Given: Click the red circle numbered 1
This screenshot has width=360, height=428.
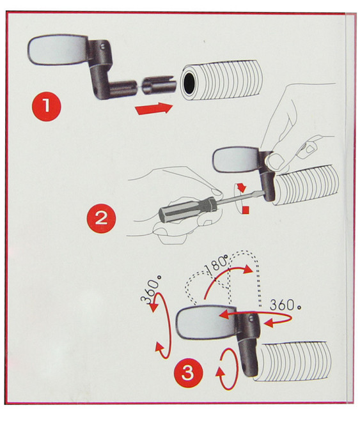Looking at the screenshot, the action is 47,106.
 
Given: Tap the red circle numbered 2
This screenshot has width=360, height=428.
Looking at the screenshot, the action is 101,218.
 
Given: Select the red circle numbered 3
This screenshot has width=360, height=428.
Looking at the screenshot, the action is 188,372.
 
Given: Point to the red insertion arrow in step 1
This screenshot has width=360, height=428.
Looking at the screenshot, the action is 154,109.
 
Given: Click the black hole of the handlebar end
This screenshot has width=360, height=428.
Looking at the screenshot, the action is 189,82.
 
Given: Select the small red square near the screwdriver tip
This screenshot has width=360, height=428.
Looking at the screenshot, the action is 246,210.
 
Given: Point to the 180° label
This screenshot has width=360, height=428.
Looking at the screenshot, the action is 216,264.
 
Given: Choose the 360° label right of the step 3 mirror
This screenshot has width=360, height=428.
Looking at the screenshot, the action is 285,305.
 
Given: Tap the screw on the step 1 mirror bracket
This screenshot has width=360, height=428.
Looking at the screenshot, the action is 103,47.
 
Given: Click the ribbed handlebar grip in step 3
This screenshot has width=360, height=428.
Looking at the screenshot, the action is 293,360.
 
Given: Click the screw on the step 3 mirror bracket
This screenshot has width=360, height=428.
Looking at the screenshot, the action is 251,319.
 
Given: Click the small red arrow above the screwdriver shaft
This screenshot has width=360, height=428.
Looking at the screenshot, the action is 242,187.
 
